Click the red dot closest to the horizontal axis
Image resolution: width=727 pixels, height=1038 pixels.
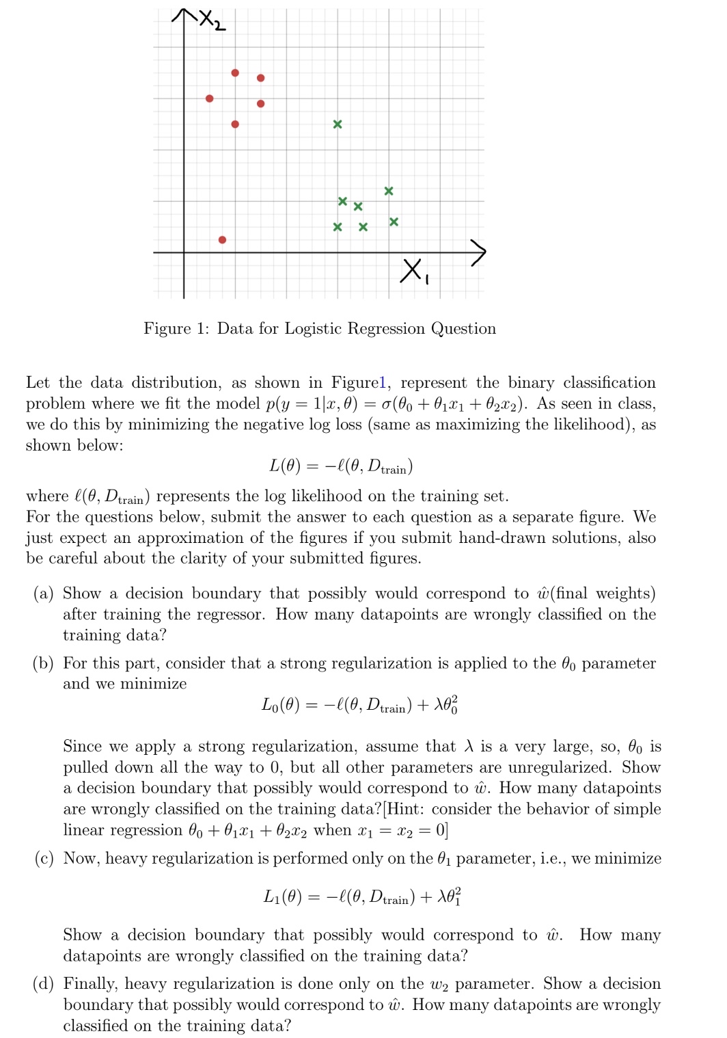[x=222, y=239]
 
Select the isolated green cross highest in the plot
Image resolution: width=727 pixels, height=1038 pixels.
[x=337, y=124]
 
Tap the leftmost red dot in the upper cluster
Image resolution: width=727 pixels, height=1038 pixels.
[x=209, y=98]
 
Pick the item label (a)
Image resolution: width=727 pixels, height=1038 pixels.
[x=43, y=594]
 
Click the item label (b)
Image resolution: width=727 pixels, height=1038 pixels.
[x=43, y=663]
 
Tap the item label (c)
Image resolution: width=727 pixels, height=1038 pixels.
[x=44, y=859]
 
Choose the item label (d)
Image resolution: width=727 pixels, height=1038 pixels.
[x=43, y=984]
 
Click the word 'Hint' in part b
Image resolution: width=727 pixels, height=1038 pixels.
[x=403, y=809]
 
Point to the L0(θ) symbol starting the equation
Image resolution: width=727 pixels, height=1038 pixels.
[x=280, y=705]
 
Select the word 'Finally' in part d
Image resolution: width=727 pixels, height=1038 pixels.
[x=91, y=984]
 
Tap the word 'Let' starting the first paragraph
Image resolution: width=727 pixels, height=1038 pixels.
[x=38, y=382]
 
